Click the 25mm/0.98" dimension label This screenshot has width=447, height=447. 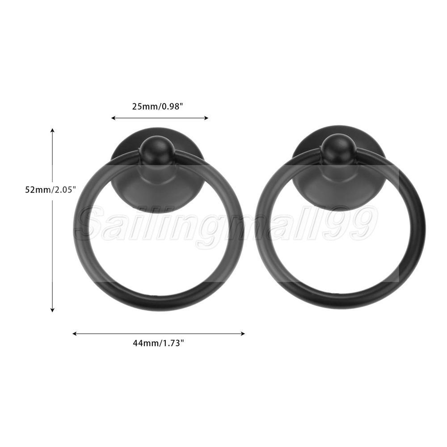pos(157,107)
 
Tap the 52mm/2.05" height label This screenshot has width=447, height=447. pos(51,190)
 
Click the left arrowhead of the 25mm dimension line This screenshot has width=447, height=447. pos(113,118)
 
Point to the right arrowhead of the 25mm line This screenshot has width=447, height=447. pos(207,118)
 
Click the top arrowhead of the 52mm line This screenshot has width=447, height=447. pos(52,131)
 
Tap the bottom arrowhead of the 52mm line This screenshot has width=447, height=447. pos(52,310)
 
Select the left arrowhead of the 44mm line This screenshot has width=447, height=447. pos(75,333)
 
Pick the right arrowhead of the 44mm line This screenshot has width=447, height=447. pos(243,333)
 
